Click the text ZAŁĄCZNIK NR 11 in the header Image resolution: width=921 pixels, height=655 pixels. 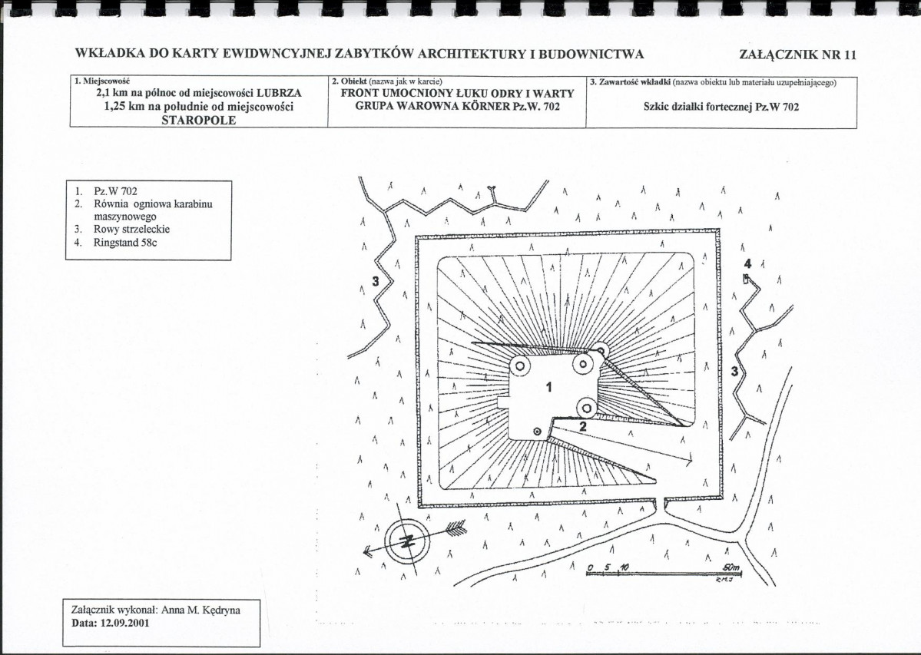coord(797,55)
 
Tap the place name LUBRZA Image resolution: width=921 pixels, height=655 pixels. coord(278,94)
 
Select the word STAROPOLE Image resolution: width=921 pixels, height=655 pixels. coord(198,120)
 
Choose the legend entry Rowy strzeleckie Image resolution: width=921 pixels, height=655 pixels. coord(132,229)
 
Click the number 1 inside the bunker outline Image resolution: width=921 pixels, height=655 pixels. coord(548,387)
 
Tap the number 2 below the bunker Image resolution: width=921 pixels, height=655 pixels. coord(582,426)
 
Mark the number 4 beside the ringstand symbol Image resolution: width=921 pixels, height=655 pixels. coord(747,263)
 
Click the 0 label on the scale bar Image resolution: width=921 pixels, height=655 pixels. coord(590,568)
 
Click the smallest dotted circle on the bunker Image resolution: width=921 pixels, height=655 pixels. coord(537,432)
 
